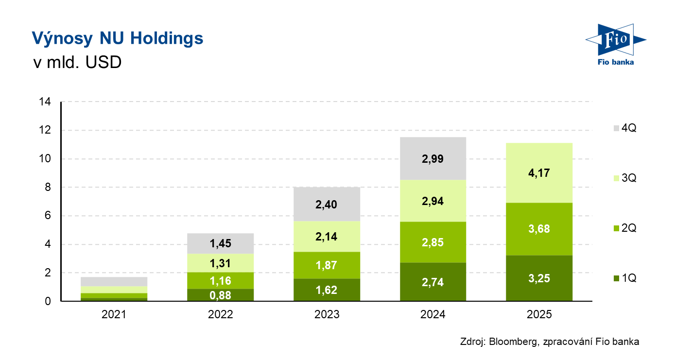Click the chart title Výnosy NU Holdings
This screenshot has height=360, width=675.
117,38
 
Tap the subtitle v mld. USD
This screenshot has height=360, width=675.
76,63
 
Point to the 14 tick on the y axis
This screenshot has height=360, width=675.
46,102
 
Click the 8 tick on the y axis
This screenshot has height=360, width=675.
48,188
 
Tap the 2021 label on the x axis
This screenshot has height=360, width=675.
114,314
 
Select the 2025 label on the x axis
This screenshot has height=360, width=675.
539,314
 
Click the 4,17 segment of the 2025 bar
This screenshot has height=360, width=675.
539,173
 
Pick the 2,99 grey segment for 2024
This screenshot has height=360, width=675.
433,158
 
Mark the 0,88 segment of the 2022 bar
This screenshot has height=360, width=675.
220,295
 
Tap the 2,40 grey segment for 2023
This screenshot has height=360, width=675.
327,204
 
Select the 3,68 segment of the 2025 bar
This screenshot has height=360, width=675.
539,229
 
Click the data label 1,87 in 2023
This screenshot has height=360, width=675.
327,265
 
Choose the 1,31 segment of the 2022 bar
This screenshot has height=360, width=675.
220,263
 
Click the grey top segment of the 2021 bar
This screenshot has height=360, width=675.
114,281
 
